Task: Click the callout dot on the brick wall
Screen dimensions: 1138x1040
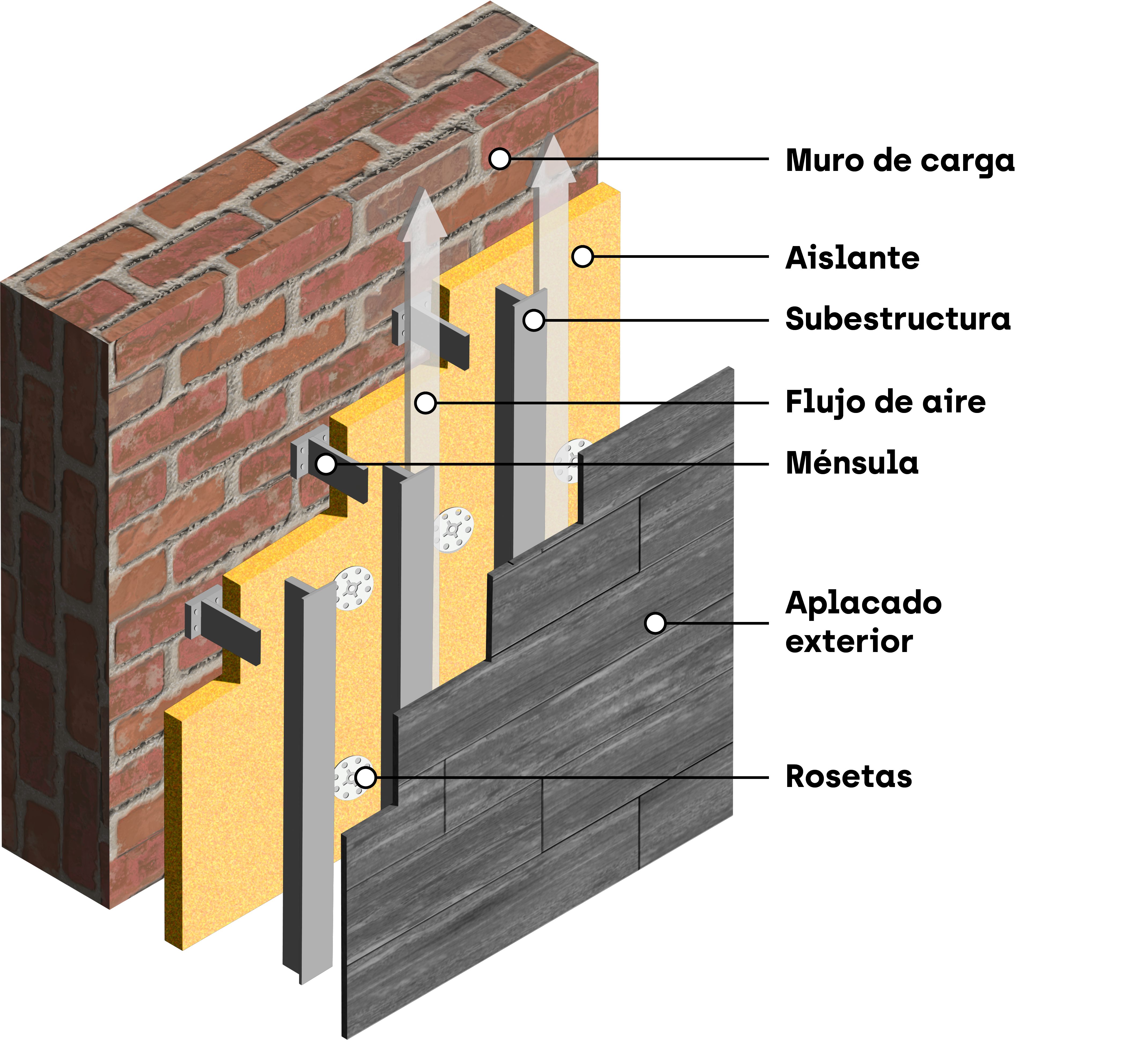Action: click(500, 159)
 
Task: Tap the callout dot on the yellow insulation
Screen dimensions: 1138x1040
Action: click(582, 256)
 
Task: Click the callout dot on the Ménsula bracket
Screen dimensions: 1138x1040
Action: click(326, 464)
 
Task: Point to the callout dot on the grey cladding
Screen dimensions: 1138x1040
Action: click(655, 623)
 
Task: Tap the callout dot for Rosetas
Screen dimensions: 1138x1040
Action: click(366, 778)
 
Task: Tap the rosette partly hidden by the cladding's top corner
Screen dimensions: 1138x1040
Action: click(570, 460)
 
